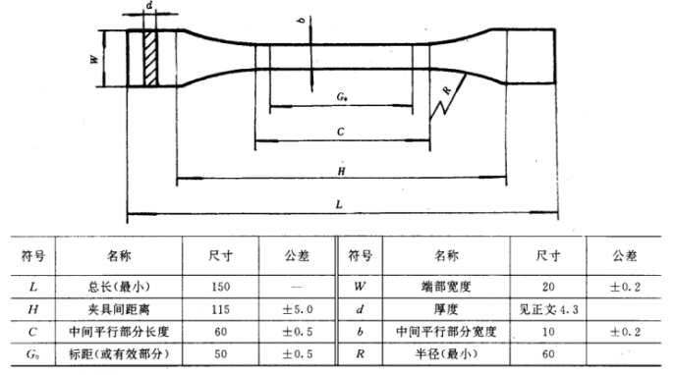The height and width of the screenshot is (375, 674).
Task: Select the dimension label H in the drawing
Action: click(339, 169)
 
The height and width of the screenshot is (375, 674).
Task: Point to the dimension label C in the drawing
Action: click(339, 130)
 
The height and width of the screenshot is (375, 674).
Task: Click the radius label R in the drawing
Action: click(447, 91)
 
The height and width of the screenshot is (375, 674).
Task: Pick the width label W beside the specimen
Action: click(94, 59)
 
